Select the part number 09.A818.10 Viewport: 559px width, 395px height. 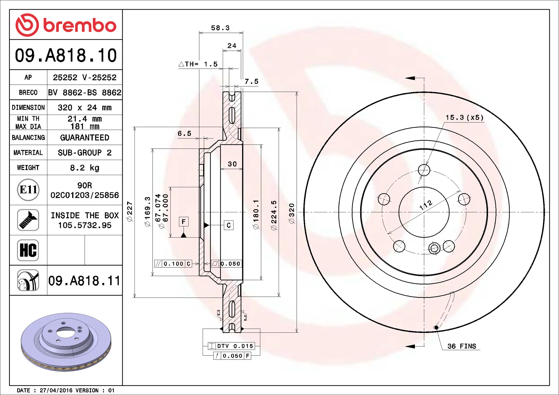tap(66, 55)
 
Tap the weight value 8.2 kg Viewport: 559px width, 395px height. tap(84, 168)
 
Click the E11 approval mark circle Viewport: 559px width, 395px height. tap(28, 190)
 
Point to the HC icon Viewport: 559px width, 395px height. tap(28, 250)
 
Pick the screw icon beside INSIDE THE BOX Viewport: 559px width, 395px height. tap(28, 220)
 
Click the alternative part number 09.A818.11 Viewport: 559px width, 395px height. tap(84, 281)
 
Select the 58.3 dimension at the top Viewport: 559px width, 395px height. tap(220, 28)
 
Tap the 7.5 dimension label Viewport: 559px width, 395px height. tap(252, 81)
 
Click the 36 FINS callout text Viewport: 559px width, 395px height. tap(462, 346)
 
